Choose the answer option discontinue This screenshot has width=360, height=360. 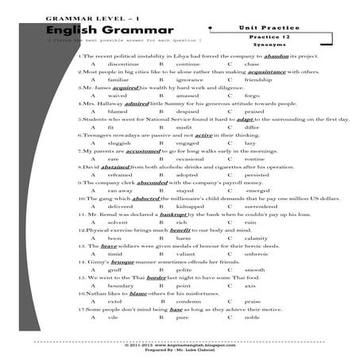click(x=120, y=64)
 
